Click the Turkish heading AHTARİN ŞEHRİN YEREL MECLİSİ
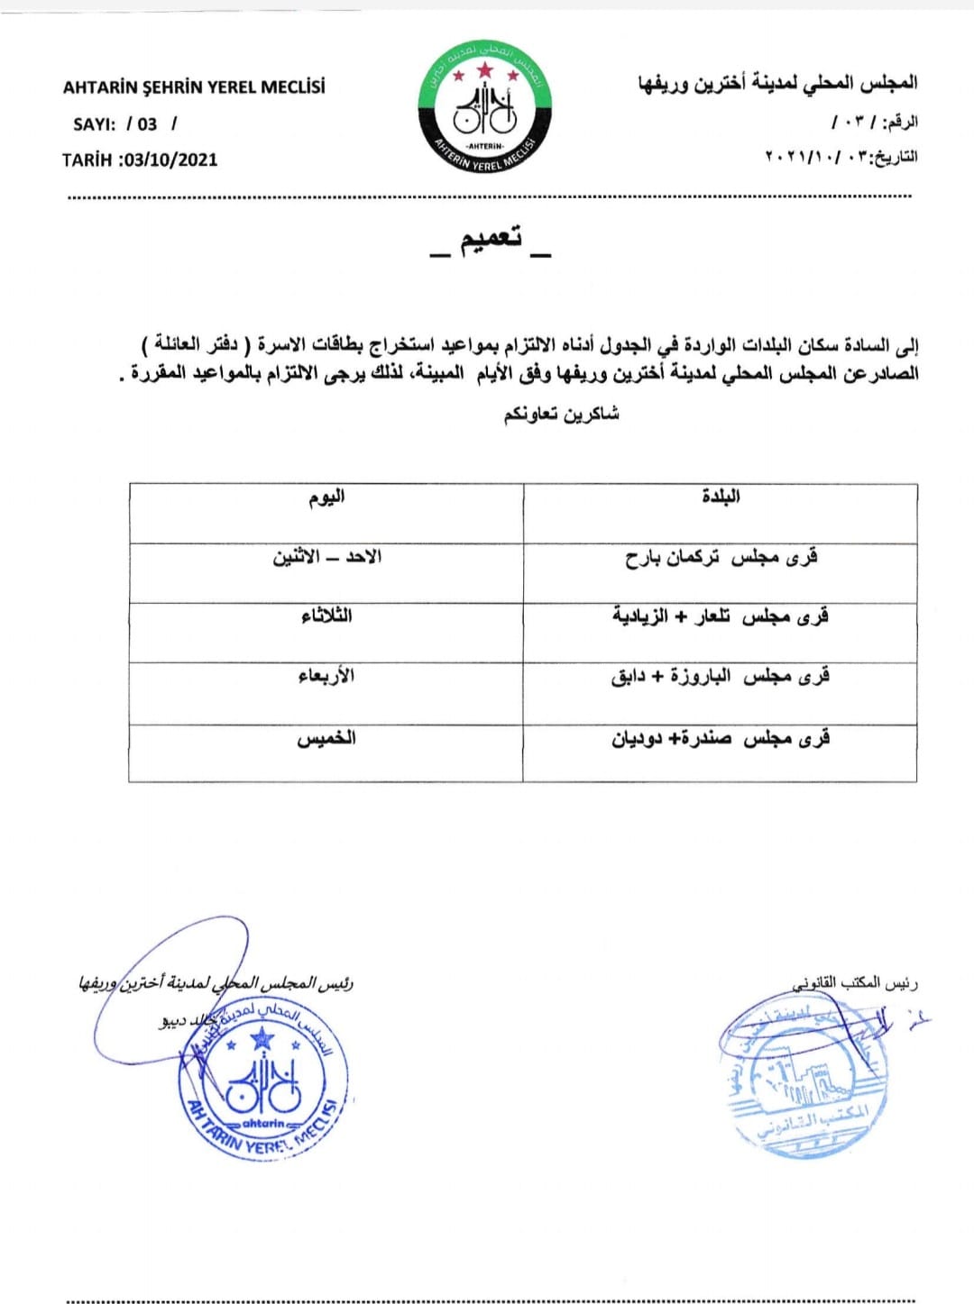tap(194, 87)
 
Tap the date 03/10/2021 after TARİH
tap(171, 160)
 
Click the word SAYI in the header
tap(94, 123)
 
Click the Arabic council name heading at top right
tap(777, 83)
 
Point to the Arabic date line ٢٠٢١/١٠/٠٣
tap(841, 156)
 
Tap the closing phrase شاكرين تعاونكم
tap(561, 414)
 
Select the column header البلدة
tap(721, 497)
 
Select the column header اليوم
tap(326, 497)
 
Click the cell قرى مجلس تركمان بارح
tap(721, 558)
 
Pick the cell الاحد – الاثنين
tap(326, 557)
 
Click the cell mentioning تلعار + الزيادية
tap(721, 616)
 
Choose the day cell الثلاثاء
tap(326, 616)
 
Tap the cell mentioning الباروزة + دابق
tap(721, 676)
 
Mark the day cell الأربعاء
tap(326, 676)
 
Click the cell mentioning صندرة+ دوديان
tap(721, 739)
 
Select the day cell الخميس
tap(326, 739)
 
